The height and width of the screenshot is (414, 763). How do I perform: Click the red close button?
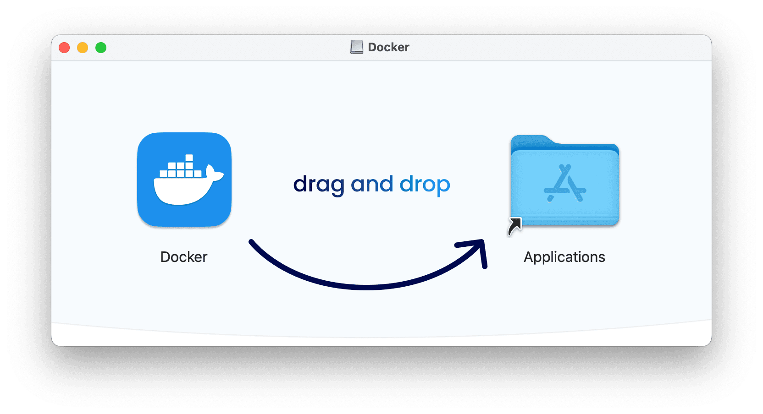(x=64, y=48)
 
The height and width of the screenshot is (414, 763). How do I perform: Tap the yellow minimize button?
(x=83, y=48)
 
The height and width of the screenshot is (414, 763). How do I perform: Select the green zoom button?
(x=101, y=48)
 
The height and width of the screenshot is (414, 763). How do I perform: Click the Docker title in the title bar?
(x=388, y=47)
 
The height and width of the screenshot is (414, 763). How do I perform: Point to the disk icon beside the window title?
(x=357, y=47)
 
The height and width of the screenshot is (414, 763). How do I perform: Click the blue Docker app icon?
(x=184, y=180)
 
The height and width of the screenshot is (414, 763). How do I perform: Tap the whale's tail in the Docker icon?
(x=213, y=173)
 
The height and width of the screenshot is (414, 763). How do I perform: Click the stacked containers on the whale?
(x=182, y=168)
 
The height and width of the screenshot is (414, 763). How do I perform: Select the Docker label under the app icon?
(x=184, y=257)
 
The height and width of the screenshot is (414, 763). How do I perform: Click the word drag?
(x=319, y=185)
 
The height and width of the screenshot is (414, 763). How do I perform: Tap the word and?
(x=372, y=184)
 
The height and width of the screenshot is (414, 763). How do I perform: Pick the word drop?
(x=425, y=185)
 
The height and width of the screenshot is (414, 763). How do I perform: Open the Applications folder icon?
(x=565, y=183)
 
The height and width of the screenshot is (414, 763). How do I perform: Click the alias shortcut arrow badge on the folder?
(x=515, y=226)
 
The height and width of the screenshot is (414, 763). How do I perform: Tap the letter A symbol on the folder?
(x=565, y=184)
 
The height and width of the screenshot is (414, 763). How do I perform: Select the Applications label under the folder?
(x=564, y=257)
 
